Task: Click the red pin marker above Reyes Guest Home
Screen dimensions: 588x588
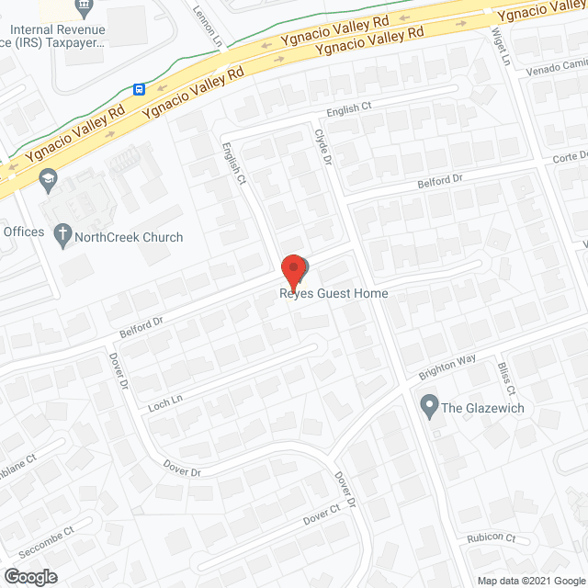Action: (x=293, y=270)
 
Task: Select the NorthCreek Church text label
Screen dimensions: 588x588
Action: (x=130, y=237)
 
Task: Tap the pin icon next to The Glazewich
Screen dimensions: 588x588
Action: (x=428, y=405)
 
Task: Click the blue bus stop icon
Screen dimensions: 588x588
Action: (x=139, y=89)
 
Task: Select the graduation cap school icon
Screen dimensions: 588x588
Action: (x=47, y=180)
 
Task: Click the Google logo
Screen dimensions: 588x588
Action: (x=29, y=577)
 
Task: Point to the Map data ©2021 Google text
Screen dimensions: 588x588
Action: (x=528, y=580)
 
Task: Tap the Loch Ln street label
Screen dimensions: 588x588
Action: (x=166, y=401)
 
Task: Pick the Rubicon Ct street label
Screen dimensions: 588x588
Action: (x=491, y=538)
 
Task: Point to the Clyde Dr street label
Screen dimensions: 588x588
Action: (x=322, y=146)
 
